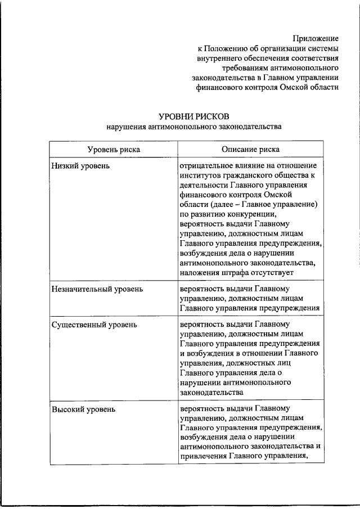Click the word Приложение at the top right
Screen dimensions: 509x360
click(x=316, y=38)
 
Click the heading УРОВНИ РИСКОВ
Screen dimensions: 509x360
click(x=193, y=116)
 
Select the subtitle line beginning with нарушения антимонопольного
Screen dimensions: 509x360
click(x=193, y=127)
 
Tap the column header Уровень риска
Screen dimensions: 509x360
click(x=114, y=149)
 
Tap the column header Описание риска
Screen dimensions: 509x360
click(x=250, y=149)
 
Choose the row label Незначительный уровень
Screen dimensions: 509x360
click(x=97, y=289)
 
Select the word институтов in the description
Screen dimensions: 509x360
click(x=200, y=177)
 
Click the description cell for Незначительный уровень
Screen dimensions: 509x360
click(x=250, y=298)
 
